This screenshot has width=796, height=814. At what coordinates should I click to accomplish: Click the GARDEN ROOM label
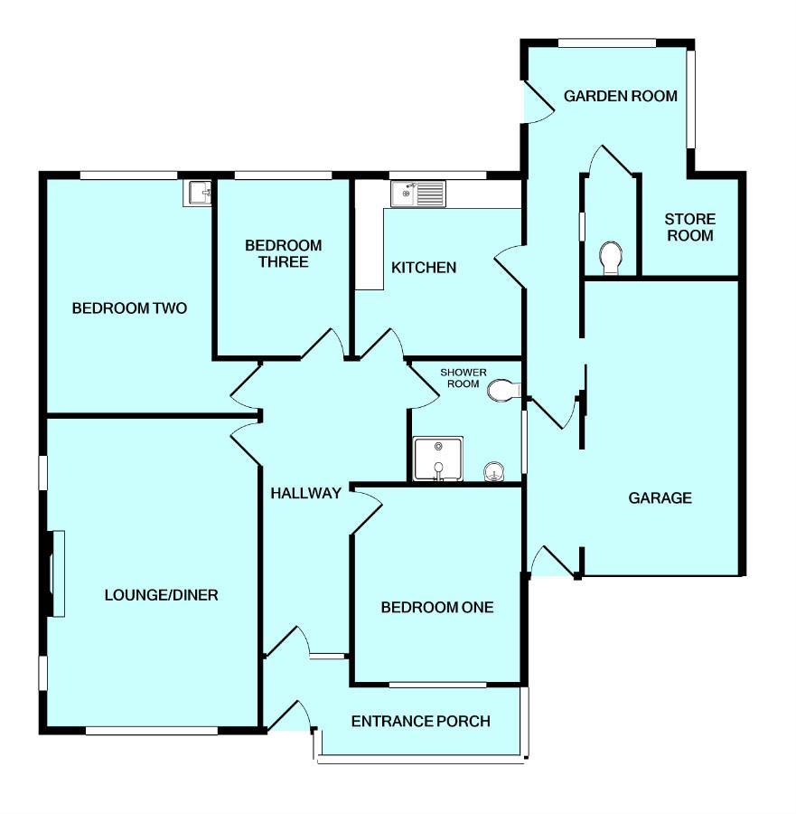620,96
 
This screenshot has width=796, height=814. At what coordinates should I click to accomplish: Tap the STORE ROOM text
690,227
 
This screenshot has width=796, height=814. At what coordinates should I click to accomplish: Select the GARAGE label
660,497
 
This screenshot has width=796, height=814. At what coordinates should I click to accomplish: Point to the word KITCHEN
423,268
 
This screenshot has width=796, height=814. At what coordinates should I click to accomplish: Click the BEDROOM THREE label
283,253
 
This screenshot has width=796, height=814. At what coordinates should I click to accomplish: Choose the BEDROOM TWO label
129,308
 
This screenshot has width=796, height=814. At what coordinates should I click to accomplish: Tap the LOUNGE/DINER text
162,595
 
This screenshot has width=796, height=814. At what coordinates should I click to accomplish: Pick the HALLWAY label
305,493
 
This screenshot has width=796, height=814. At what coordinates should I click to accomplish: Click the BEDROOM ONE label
437,608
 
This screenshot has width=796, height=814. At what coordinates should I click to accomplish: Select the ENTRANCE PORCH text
420,722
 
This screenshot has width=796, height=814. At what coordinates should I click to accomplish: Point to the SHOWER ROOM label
463,378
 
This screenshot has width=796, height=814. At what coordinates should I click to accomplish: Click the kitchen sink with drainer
417,193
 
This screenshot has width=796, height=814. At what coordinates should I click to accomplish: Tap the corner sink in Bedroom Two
197,193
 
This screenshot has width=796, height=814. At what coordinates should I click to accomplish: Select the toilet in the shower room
502,391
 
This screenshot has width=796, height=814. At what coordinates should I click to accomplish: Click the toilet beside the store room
612,257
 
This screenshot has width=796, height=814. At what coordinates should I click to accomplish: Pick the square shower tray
437,459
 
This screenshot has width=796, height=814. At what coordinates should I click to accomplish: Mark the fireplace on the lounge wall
57,574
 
